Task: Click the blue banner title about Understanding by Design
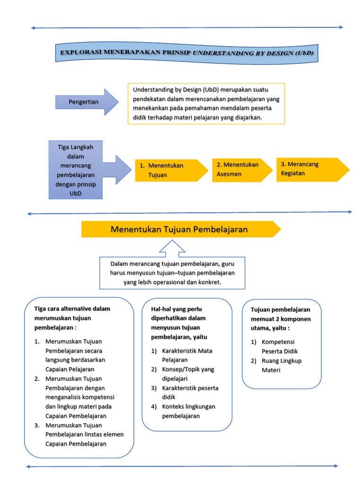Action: pos(187,53)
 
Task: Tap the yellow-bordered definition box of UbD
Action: pos(206,103)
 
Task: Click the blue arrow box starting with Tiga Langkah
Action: pos(76,170)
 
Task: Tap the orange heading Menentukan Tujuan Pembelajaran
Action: pos(179,229)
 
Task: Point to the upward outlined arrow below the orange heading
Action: pos(172,248)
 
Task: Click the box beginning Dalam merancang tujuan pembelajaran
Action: pos(172,273)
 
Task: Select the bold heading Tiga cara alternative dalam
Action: pos(72,318)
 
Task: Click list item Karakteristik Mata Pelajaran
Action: pos(187,355)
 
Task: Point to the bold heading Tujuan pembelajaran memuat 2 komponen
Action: pos(280,318)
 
